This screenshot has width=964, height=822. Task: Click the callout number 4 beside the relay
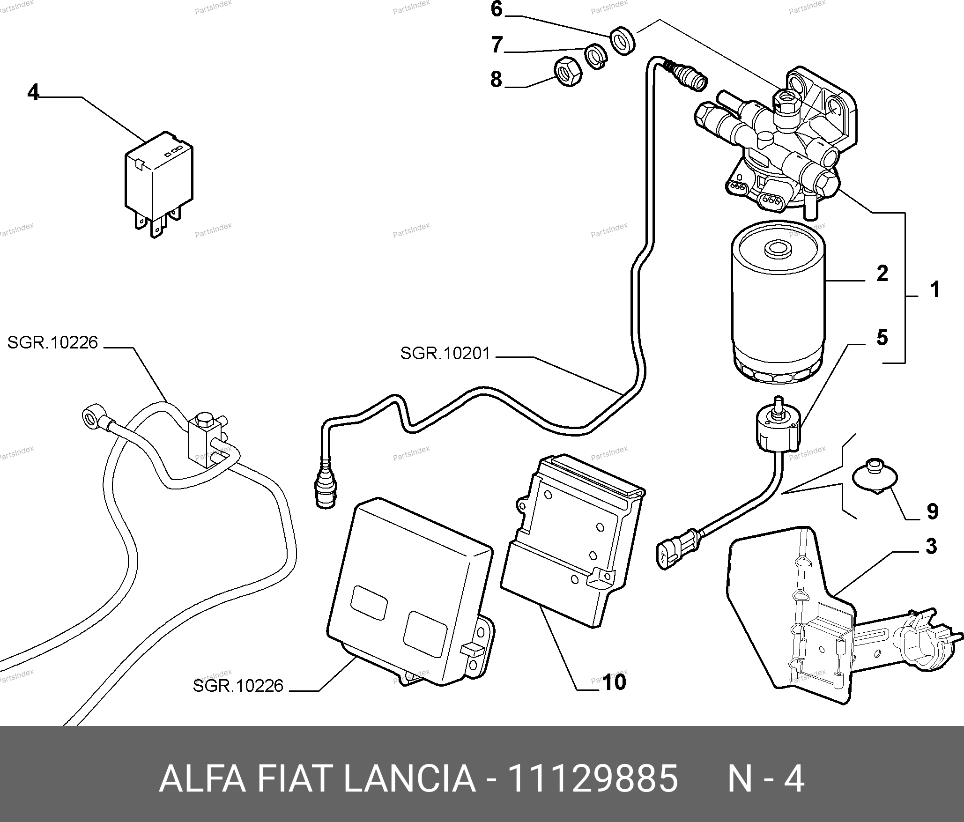click(x=33, y=92)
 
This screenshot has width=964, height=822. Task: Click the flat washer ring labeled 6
click(x=623, y=41)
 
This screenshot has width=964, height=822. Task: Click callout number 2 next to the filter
click(x=882, y=274)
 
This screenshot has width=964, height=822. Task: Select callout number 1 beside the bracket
click(x=934, y=290)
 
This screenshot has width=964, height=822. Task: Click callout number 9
click(x=932, y=511)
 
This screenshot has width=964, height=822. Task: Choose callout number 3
click(x=931, y=547)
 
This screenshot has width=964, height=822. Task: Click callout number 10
click(x=614, y=682)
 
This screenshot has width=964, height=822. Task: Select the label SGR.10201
click(x=445, y=354)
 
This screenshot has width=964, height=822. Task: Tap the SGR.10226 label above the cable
click(x=52, y=343)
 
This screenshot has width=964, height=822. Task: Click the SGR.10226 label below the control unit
click(x=238, y=686)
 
